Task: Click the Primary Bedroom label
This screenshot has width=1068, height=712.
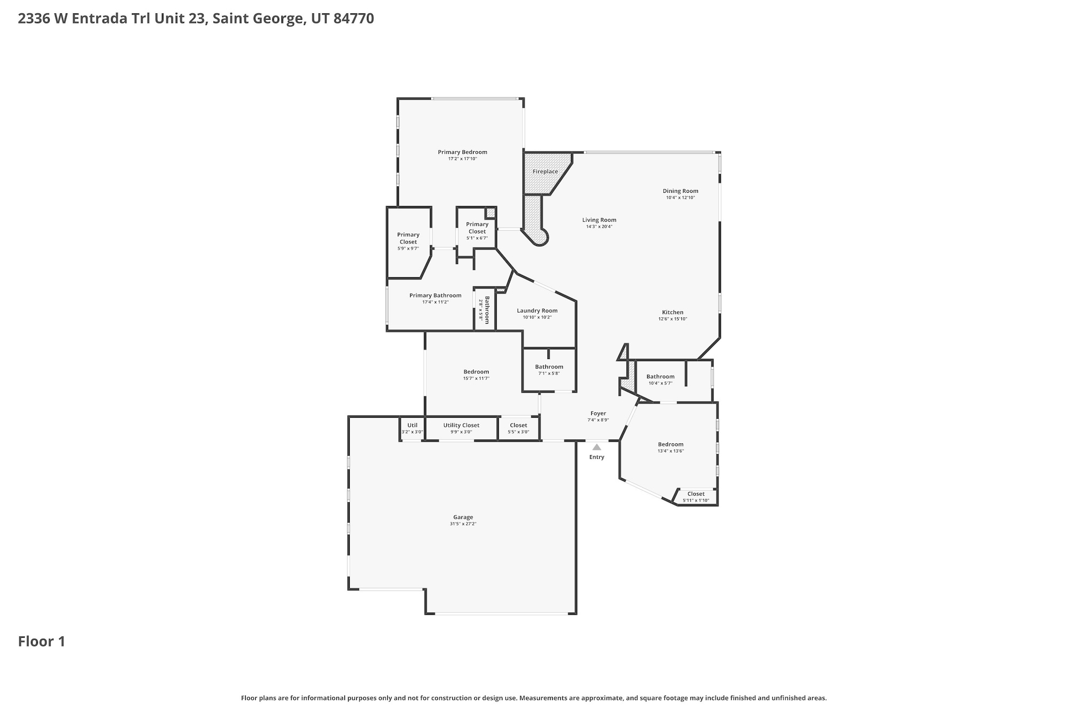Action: coord(462,152)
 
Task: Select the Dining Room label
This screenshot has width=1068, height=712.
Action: coord(680,191)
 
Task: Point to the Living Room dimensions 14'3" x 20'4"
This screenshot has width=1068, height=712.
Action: coord(599,226)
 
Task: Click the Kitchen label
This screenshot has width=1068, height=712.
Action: coord(673,312)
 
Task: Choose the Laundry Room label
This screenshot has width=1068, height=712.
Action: coord(537,310)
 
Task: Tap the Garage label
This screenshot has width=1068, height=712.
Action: coord(463,517)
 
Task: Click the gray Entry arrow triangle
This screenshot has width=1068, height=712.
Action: coord(596,447)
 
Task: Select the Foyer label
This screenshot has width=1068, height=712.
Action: coord(598,413)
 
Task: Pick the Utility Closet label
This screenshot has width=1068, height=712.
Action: coord(461,425)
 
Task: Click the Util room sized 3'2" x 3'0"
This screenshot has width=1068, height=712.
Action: coord(412,428)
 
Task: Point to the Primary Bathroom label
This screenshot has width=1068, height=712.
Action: coord(435,295)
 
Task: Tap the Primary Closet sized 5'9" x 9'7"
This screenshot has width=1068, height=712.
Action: coord(409,242)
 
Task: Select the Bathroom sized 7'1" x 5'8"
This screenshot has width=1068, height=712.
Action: coord(549,370)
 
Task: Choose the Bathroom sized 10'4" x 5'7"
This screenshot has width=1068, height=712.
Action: coord(661,379)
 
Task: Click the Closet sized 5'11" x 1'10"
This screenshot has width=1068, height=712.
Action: coord(696,497)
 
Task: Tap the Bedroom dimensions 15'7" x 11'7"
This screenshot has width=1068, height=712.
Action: coord(476,378)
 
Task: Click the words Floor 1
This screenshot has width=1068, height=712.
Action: coord(42,641)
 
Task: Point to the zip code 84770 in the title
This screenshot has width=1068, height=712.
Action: coord(354,19)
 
